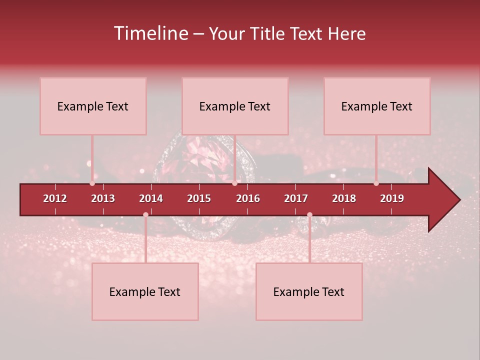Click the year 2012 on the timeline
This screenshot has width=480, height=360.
[x=55, y=198]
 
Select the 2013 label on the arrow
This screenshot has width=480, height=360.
[x=103, y=198]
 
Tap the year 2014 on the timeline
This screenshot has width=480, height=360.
[x=151, y=198]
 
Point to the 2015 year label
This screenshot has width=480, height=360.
[x=199, y=198]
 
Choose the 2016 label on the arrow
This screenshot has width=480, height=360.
[x=248, y=198]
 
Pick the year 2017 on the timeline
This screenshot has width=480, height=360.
[x=296, y=198]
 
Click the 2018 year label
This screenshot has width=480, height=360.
[x=344, y=198]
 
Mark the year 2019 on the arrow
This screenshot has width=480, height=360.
[x=392, y=198]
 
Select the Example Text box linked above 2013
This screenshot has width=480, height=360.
[x=93, y=106]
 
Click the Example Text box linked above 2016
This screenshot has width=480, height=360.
[x=235, y=106]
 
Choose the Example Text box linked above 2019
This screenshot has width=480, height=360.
[x=377, y=106]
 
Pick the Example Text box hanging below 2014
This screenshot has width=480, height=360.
[x=145, y=291]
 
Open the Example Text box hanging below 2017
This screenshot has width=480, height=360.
[x=309, y=291]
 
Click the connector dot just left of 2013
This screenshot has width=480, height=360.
[x=92, y=183]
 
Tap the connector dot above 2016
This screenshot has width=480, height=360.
[x=235, y=183]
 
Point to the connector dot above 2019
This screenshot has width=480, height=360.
[x=376, y=183]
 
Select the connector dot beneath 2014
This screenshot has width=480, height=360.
[x=145, y=214]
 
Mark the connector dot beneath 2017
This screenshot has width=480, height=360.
[x=309, y=214]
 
